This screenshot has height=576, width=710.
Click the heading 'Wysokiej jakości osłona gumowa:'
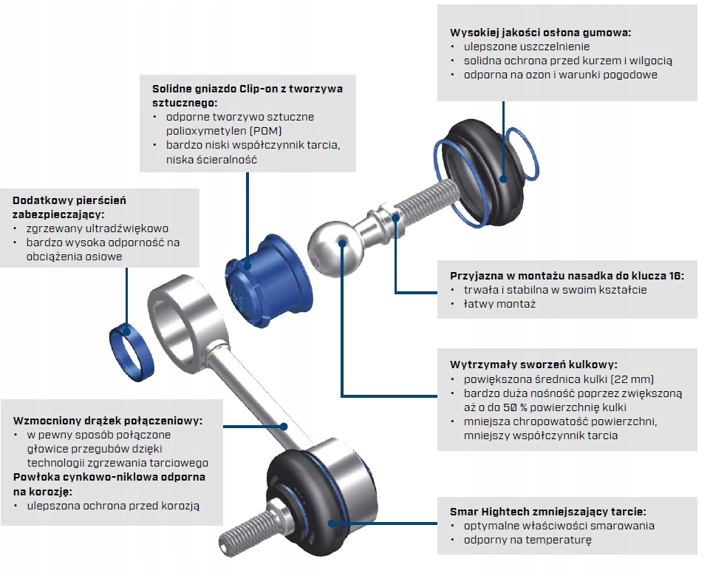[541, 33]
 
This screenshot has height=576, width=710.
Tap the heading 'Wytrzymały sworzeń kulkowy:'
[533, 365]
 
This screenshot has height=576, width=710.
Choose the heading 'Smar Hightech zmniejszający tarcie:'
[547, 512]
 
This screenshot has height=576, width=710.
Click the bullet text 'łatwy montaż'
[499, 304]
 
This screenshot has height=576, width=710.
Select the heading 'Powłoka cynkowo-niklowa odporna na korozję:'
[109, 484]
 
